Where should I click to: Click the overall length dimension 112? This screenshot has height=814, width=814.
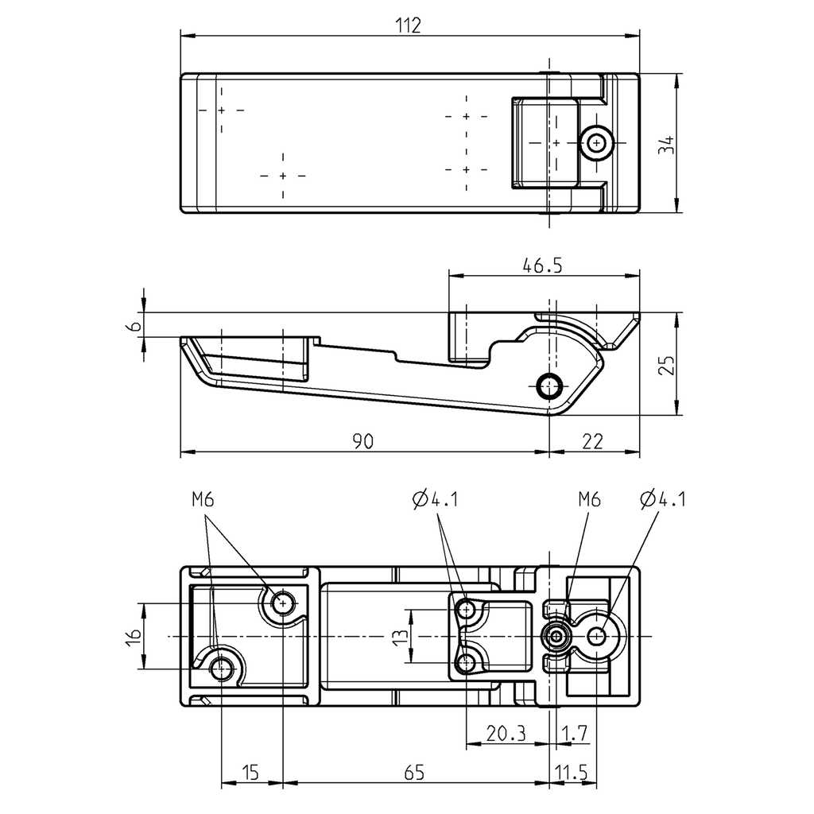click(x=408, y=25)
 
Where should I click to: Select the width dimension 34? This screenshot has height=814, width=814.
click(x=667, y=144)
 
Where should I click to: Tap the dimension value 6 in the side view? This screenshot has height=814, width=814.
click(x=135, y=325)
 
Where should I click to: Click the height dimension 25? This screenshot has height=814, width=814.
click(x=667, y=364)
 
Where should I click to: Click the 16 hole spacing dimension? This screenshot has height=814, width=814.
click(x=133, y=636)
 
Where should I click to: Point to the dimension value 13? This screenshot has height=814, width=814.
click(x=400, y=636)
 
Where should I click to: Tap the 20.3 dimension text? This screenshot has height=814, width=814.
click(x=506, y=734)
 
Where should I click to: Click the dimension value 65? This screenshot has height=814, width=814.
click(x=415, y=772)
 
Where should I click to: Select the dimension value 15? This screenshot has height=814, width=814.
click(x=250, y=772)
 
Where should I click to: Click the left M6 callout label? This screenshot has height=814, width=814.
click(x=203, y=499)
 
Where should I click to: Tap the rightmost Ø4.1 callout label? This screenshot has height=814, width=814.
click(x=662, y=499)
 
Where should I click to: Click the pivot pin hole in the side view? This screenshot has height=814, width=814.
click(x=549, y=386)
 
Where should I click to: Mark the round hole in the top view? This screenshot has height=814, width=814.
click(x=595, y=143)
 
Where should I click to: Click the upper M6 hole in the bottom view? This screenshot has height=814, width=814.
click(x=282, y=604)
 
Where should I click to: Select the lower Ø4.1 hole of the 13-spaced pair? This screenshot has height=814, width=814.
click(x=466, y=662)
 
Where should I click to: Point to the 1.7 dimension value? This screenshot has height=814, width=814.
click(x=574, y=734)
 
